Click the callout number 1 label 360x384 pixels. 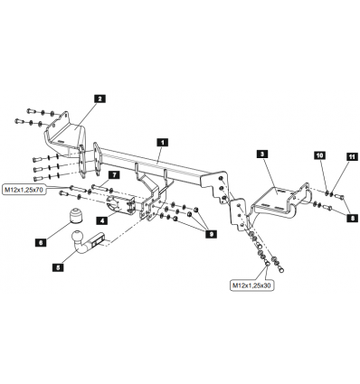(162, 142)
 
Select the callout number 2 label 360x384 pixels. (99, 98)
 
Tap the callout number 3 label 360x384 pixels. (262, 155)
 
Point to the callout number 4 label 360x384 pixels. (102, 220)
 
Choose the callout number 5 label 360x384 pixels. (58, 267)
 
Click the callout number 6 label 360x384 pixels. (41, 242)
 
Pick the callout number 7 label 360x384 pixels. (114, 174)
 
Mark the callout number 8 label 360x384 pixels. (352, 218)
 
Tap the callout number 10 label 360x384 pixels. (320, 155)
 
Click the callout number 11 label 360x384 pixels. (351, 156)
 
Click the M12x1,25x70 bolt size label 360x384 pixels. (24, 190)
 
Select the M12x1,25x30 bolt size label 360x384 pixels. (252, 286)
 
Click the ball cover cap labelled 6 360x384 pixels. (75, 216)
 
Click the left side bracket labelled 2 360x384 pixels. (66, 135)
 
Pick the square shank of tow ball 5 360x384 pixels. (97, 240)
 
